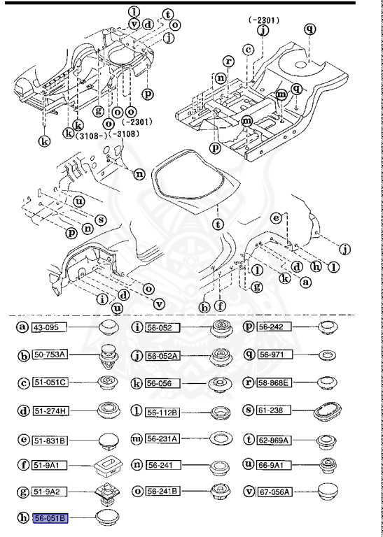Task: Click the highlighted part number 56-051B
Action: click(x=52, y=518)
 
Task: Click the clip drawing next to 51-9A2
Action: click(x=107, y=494)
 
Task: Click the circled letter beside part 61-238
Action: click(x=248, y=410)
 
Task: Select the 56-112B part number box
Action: click(x=162, y=410)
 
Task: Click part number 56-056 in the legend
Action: click(x=162, y=383)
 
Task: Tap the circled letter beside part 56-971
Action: click(x=248, y=355)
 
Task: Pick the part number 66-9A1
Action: click(x=274, y=465)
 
